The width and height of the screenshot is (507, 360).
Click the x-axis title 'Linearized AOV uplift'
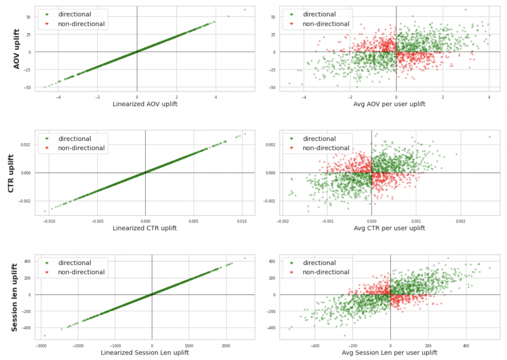click(x=145, y=104)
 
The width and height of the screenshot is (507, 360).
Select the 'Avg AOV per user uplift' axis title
click(x=389, y=104)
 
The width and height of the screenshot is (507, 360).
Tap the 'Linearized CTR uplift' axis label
click(x=145, y=228)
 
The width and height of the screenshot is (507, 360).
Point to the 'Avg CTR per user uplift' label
click(x=389, y=228)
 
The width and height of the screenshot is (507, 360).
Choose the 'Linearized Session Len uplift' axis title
click(x=145, y=353)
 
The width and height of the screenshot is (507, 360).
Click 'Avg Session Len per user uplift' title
click(x=389, y=353)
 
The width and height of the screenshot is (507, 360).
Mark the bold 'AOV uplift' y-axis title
click(x=16, y=49)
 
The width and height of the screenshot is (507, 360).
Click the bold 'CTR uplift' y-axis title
click(x=11, y=173)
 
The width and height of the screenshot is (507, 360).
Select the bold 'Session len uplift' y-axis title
click(x=14, y=298)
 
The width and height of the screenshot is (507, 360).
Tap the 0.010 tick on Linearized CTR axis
click(x=241, y=221)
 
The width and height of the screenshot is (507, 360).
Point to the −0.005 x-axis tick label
click(x=97, y=221)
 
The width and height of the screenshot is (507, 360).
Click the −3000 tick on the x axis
click(x=41, y=346)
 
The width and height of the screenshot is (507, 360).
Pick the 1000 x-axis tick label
click(x=189, y=346)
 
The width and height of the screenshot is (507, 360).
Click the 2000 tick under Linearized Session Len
click(x=226, y=346)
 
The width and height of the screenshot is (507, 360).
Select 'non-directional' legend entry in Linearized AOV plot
click(x=81, y=24)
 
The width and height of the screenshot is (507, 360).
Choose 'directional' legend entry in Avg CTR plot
click(x=319, y=139)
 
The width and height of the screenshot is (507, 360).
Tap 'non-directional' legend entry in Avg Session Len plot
click(x=326, y=272)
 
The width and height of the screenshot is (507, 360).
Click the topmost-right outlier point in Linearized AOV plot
click(x=245, y=10)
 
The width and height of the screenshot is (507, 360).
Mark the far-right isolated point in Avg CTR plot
click(x=490, y=137)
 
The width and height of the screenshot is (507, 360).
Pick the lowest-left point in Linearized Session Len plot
click(x=45, y=336)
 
